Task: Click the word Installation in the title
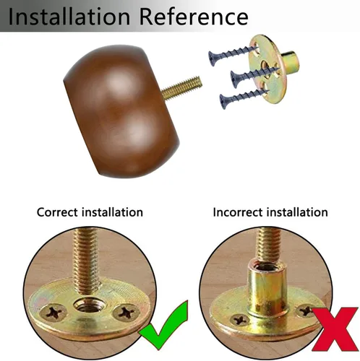pos(69,17)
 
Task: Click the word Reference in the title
pos(194,17)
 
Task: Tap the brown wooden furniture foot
pos(121,111)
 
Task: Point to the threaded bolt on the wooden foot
pos(181,88)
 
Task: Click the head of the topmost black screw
pos(213,58)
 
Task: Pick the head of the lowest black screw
pos(223,102)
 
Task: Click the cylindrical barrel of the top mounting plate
pos(291,61)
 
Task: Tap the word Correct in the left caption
pos(57,212)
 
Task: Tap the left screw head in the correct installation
pos(53,313)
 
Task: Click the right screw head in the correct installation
pos(127,313)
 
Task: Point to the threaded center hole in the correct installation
pos(87,305)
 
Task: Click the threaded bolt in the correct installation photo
pos(86,261)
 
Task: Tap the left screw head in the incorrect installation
pos(240,320)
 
